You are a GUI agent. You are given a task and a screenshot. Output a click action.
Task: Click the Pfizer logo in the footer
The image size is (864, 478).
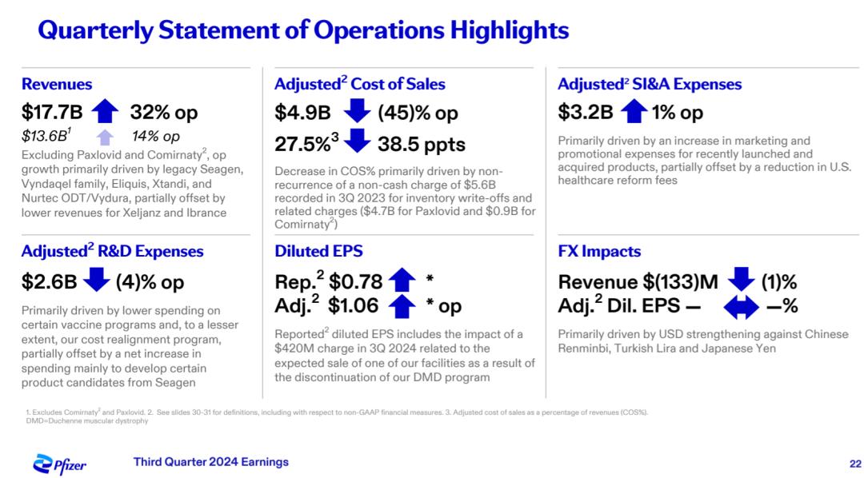click(59, 464)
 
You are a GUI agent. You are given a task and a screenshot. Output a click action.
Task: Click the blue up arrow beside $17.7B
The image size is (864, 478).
click(106, 112)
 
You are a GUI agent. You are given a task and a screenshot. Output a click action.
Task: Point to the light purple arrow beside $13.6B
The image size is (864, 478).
click(106, 137)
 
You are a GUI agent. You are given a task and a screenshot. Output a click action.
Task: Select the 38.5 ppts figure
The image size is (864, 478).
click(422, 145)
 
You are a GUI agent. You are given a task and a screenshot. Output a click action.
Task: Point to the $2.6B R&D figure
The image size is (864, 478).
click(50, 281)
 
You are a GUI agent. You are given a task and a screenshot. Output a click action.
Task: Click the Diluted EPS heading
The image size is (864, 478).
click(318, 251)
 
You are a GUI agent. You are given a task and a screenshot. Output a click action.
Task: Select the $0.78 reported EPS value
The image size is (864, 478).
click(355, 281)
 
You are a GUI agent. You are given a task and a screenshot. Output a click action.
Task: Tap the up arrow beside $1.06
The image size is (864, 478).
click(402, 305)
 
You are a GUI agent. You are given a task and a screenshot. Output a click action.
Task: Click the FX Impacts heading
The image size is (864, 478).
click(599, 251)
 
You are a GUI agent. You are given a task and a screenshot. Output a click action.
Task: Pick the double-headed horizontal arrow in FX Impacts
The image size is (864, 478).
click(740, 305)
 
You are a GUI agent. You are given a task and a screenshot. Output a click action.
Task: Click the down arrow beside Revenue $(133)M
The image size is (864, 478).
click(742, 281)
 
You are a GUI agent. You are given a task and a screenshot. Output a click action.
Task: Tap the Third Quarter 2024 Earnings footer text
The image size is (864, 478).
click(210, 462)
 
